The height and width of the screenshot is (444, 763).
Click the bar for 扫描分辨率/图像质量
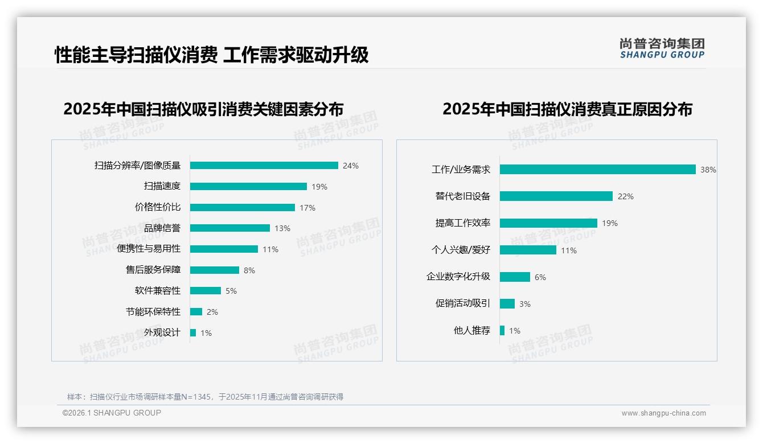(264, 166)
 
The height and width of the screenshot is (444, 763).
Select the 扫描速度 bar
(248, 186)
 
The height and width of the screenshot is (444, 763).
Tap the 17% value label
(307, 208)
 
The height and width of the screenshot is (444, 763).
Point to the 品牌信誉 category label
(162, 228)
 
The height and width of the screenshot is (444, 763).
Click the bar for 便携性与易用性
(224, 249)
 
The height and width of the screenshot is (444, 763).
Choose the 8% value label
(249, 270)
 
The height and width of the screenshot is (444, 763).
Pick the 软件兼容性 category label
(158, 291)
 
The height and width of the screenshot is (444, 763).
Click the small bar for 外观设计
(193, 332)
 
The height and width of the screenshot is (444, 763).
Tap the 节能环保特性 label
(153, 312)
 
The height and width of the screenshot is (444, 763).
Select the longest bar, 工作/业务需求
(597, 170)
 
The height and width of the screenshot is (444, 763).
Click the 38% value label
(708, 170)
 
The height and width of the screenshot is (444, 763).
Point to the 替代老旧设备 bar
(556, 196)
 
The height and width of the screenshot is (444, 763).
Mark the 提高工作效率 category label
(463, 223)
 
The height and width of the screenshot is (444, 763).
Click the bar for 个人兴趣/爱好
(528, 250)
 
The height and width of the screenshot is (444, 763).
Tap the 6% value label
(540, 277)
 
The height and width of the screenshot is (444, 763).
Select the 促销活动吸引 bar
(507, 304)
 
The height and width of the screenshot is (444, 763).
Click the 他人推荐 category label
(472, 331)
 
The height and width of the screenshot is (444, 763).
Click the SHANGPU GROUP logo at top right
(662, 48)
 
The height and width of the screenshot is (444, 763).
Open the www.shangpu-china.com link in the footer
(663, 413)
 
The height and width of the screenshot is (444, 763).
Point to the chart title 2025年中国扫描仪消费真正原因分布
(567, 109)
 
